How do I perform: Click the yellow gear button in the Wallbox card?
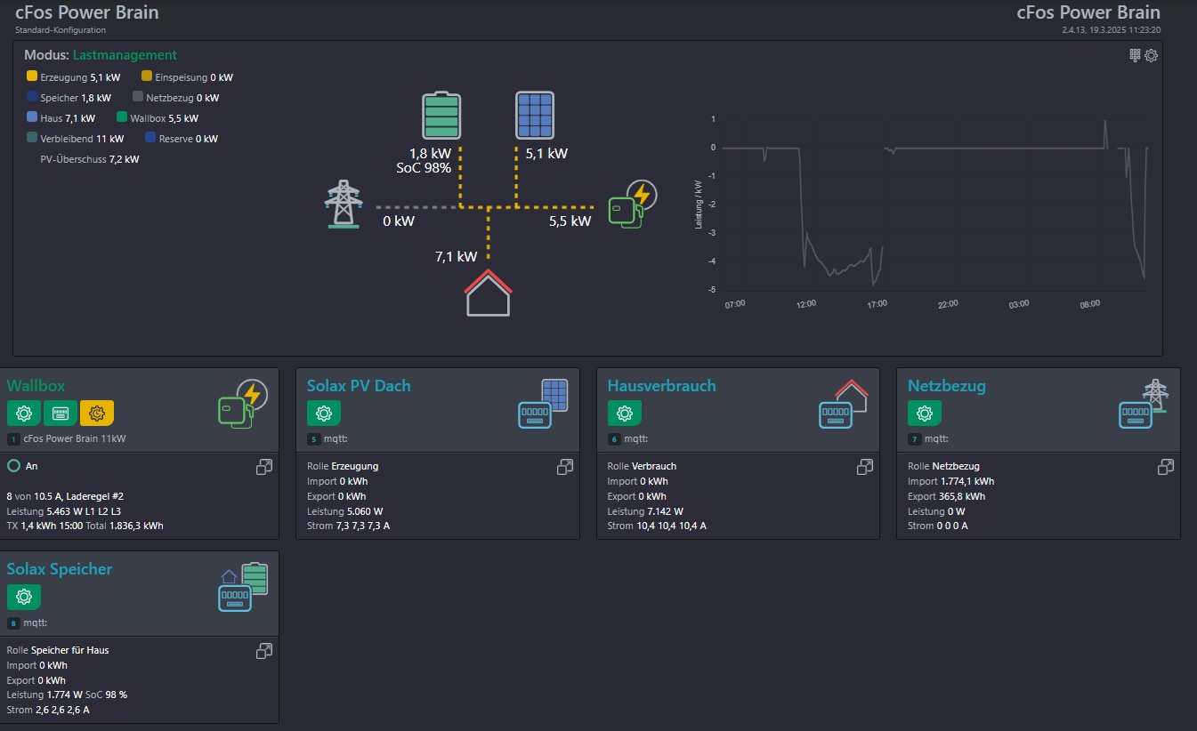[97, 413]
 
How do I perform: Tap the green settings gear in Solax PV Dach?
[324, 413]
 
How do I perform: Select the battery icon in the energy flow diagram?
[441, 116]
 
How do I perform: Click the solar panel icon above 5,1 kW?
[535, 116]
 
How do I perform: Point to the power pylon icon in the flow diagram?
[344, 204]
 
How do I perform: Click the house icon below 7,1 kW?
[488, 293]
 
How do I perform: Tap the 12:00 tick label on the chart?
[805, 304]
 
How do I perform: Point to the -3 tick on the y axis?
[712, 233]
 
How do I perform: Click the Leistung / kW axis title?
[698, 205]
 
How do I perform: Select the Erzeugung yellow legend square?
[31, 76]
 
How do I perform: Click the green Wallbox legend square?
[122, 116]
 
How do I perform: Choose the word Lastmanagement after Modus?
[125, 55]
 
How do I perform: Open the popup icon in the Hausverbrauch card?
[865, 467]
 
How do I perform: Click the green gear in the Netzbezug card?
[925, 413]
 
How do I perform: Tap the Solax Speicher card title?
[60, 569]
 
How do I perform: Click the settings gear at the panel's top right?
[1151, 55]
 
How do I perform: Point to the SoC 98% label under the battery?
[424, 168]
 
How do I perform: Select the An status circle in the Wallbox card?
[13, 466]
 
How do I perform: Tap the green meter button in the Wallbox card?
[61, 413]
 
